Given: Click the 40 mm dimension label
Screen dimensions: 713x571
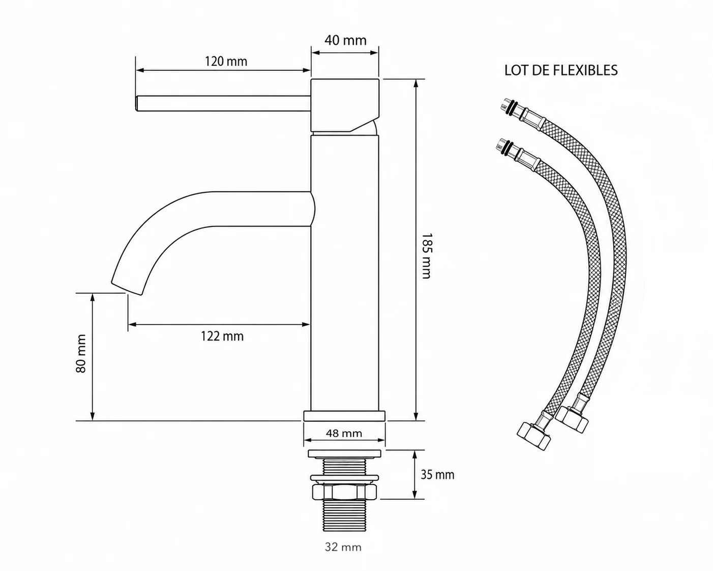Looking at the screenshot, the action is tap(345, 40).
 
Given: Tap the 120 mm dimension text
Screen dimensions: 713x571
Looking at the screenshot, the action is tap(226, 62).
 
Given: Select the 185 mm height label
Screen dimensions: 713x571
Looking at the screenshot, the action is tap(426, 255).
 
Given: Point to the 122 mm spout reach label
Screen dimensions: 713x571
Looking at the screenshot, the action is tap(222, 336).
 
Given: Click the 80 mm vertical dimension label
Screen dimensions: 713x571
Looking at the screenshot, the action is tap(81, 354).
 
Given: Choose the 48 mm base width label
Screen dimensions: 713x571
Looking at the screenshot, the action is tap(344, 434).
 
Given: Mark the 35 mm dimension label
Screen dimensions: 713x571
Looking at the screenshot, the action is tap(437, 475).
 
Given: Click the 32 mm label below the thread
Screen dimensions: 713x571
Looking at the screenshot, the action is tap(343, 547).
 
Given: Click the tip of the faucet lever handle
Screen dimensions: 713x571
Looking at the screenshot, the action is tap(137, 103).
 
